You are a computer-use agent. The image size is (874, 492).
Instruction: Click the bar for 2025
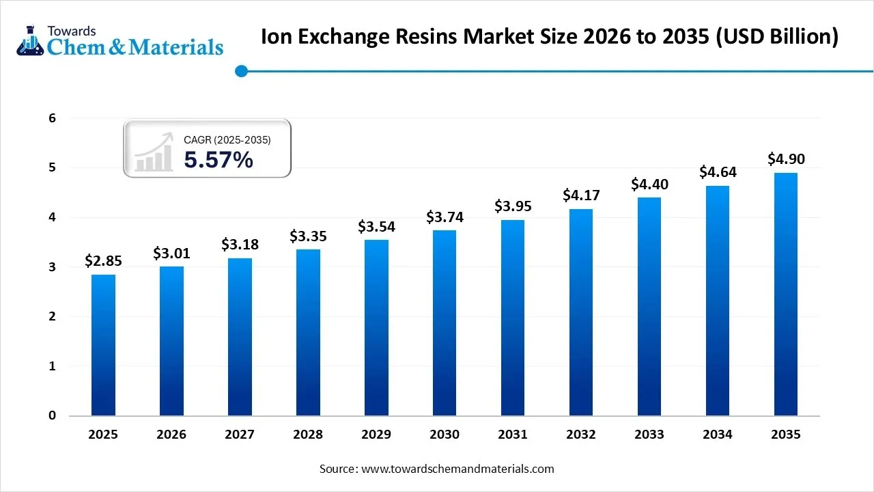pyautogui.click(x=103, y=345)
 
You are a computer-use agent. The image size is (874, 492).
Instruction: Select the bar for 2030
pyautogui.click(x=445, y=323)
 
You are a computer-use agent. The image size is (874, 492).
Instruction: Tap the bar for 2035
pyautogui.click(x=786, y=294)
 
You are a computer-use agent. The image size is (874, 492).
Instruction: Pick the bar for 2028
pyautogui.click(x=308, y=332)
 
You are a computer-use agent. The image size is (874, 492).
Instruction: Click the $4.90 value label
pyautogui.click(x=786, y=159)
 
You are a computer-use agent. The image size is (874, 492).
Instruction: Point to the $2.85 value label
pyautogui.click(x=103, y=260)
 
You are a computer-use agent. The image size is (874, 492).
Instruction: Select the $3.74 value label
pyautogui.click(x=445, y=217)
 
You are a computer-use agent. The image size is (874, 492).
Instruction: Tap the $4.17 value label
pyautogui.click(x=581, y=195)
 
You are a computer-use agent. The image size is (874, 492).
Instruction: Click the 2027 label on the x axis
pyautogui.click(x=240, y=435)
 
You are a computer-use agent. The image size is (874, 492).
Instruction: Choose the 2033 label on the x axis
pyautogui.click(x=649, y=435)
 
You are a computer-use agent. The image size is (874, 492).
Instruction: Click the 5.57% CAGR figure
pyautogui.click(x=218, y=160)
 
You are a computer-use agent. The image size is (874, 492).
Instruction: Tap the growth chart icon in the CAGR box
pyautogui.click(x=154, y=153)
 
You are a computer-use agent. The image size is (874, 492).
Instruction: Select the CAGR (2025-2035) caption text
pyautogui.click(x=227, y=140)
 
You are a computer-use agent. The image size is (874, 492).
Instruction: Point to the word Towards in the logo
pyautogui.click(x=72, y=31)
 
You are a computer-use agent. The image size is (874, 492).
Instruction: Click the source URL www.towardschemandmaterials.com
pyautogui.click(x=457, y=469)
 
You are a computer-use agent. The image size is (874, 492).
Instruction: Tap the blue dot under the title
pyautogui.click(x=240, y=71)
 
